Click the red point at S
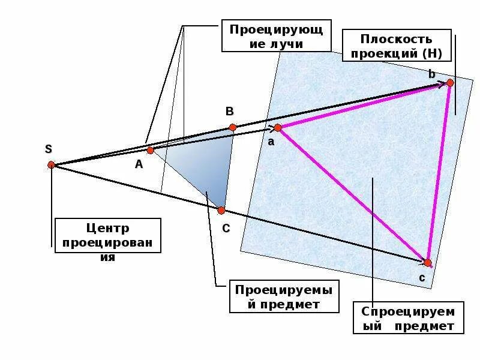coord(51,164)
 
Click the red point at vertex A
coord(151,150)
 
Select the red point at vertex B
coord(233,127)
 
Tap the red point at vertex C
coord(221,211)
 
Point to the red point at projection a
coord(278,128)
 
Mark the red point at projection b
coord(450,83)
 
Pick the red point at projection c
coord(427,263)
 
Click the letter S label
coord(49,149)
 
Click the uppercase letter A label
coord(139,164)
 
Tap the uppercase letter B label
coord(229,112)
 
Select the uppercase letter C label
coord(226,228)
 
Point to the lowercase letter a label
coord(271,142)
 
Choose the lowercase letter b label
coord(432,74)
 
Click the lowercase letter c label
coord(422,278)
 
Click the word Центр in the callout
coord(108,229)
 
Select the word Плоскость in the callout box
coord(396,39)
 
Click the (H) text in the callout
coord(432,53)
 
